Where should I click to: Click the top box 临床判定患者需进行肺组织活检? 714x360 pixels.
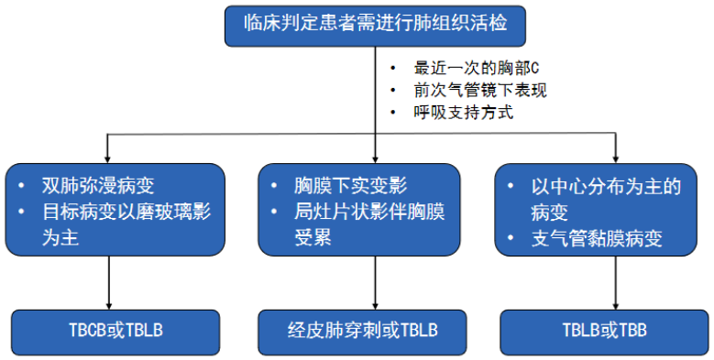coord(375,26)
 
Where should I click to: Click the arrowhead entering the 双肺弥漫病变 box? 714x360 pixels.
coord(110,158)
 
